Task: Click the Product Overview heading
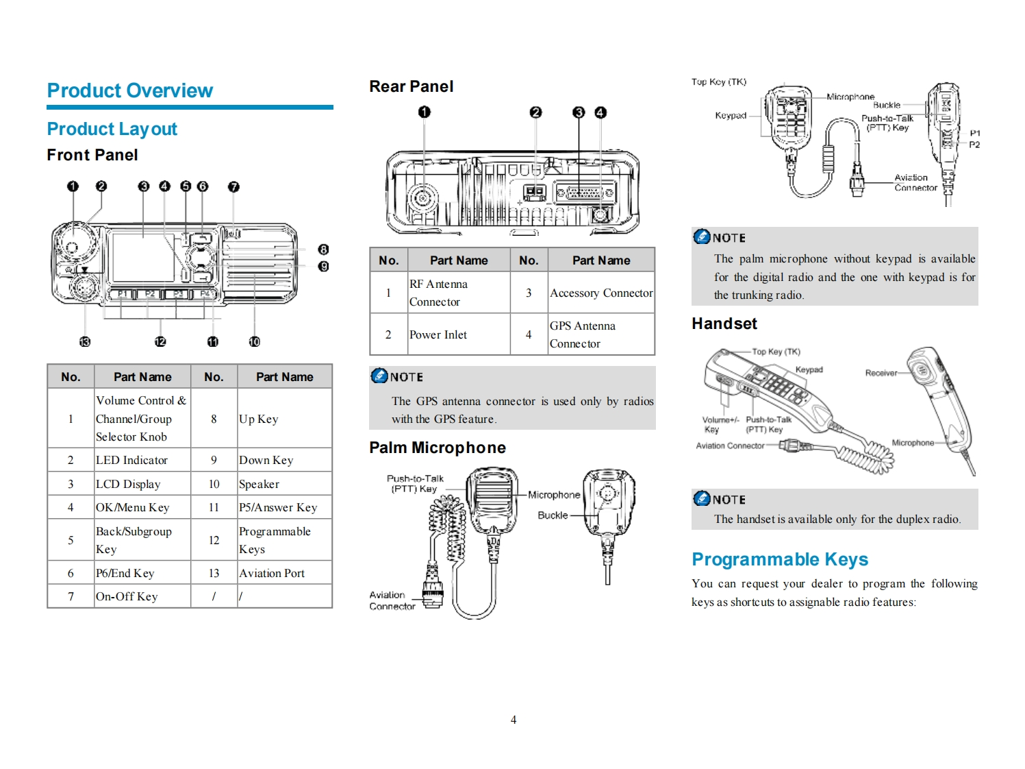[x=129, y=90]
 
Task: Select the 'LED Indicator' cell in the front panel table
[x=131, y=460]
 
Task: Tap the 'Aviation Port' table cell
[x=272, y=573]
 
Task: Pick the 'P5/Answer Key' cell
[x=278, y=507]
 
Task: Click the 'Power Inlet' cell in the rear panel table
[x=438, y=334]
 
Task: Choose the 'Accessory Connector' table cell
[x=601, y=293]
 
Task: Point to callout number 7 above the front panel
[x=233, y=186]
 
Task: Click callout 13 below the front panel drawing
[x=85, y=341]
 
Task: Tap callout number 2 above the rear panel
[x=535, y=112]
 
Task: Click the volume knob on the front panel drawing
[x=72, y=241]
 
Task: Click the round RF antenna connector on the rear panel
[x=422, y=199]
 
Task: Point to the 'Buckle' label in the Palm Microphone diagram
[x=553, y=515]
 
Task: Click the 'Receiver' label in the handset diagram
[x=881, y=373]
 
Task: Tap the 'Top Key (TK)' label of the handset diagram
[x=776, y=352]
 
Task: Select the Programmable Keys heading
[x=779, y=559]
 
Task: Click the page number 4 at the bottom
[x=514, y=720]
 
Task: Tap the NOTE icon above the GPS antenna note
[x=379, y=376]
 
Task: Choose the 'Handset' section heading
[x=724, y=324]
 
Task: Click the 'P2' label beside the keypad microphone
[x=974, y=145]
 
